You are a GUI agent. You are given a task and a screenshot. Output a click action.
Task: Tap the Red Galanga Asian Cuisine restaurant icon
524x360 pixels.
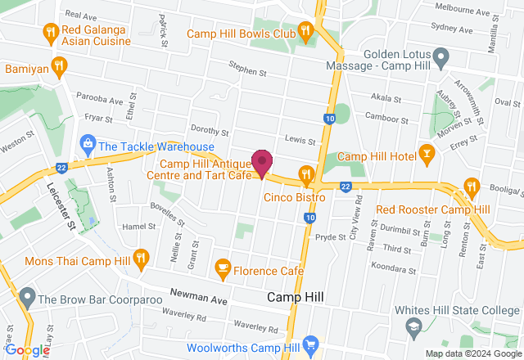click(50, 32)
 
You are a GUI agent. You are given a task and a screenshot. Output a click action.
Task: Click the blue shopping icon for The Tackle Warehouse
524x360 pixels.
click(86, 146)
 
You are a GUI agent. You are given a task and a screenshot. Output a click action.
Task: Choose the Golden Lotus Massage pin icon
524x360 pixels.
click(440, 58)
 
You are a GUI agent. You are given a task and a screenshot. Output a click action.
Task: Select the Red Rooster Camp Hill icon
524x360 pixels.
click(471, 188)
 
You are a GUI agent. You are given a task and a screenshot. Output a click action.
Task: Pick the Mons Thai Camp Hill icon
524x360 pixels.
click(141, 259)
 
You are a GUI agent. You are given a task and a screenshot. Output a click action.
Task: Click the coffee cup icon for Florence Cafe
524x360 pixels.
click(221, 267)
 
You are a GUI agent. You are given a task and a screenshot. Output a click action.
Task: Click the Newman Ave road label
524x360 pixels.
click(199, 297)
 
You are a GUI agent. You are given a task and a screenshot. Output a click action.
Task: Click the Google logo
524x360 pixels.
click(27, 350)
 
